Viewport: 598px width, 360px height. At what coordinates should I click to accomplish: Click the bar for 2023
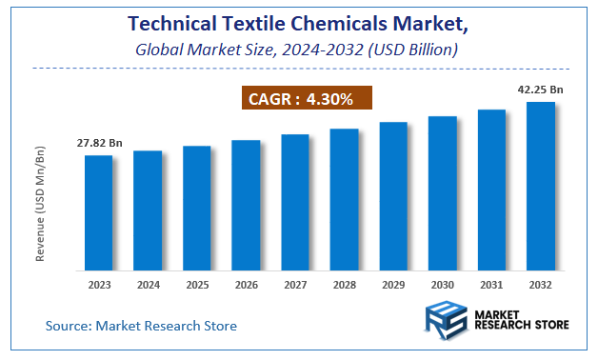99,211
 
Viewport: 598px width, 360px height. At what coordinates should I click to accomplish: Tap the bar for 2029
393,195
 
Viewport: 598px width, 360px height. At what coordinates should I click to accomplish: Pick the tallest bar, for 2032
541,185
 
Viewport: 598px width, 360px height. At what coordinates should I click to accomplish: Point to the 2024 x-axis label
148,285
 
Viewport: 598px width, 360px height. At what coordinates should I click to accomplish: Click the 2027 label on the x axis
295,285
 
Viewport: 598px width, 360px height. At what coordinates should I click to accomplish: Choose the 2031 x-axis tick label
491,285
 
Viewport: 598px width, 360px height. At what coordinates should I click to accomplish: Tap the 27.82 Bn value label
99,144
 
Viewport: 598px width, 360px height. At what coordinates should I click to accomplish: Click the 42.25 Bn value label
541,90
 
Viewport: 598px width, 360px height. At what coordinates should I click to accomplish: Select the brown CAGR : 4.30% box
301,98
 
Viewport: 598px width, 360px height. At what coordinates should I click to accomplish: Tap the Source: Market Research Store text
141,326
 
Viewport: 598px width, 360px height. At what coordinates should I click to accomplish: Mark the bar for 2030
443,192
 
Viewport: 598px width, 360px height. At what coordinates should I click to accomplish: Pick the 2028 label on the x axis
344,285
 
